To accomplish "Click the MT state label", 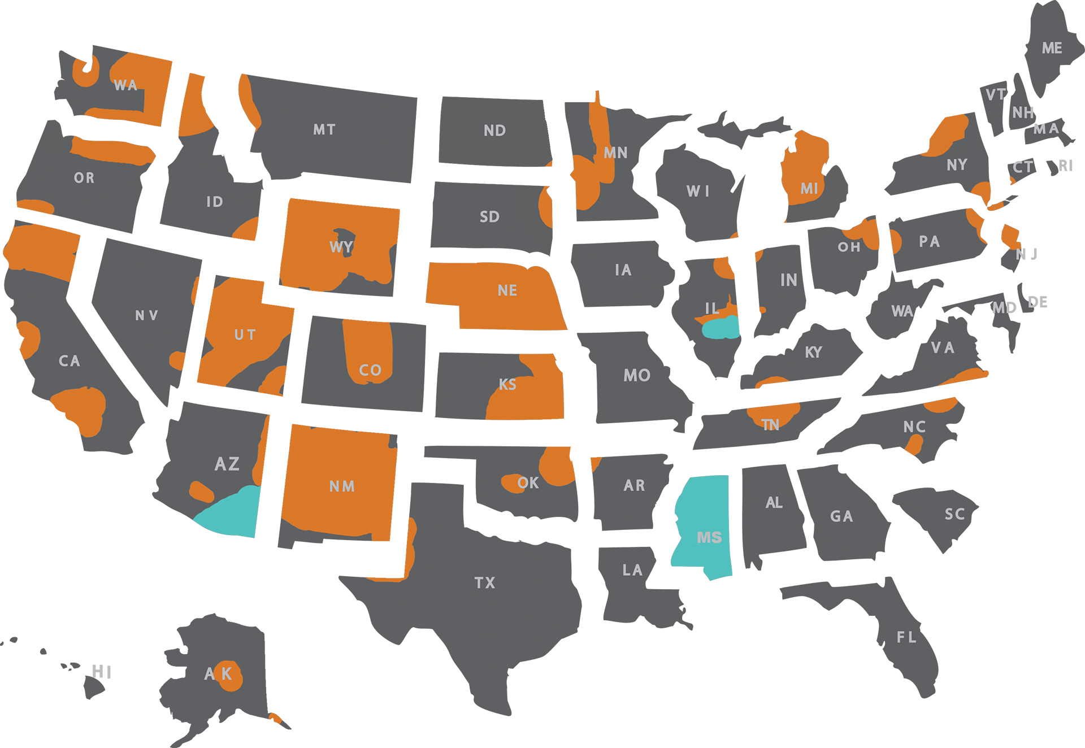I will (x=324, y=130).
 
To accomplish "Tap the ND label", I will (x=494, y=131).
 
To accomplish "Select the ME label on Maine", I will (x=1052, y=49).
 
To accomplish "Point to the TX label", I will (x=485, y=583).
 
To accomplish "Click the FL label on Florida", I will (x=906, y=638).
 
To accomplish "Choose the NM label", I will (x=342, y=486).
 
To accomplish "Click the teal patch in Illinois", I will (x=720, y=328).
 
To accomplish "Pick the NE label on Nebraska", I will (x=507, y=291).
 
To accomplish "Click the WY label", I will (x=341, y=247).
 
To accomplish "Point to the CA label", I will (x=70, y=362).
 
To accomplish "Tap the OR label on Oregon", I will (x=84, y=179).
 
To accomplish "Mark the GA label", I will (x=841, y=516).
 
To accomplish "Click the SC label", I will (x=954, y=515).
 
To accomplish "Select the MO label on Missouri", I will (x=637, y=376).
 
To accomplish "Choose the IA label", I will (x=623, y=271).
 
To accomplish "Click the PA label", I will (x=929, y=242).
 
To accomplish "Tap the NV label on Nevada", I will (x=146, y=316).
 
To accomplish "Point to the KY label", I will (x=813, y=353).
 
